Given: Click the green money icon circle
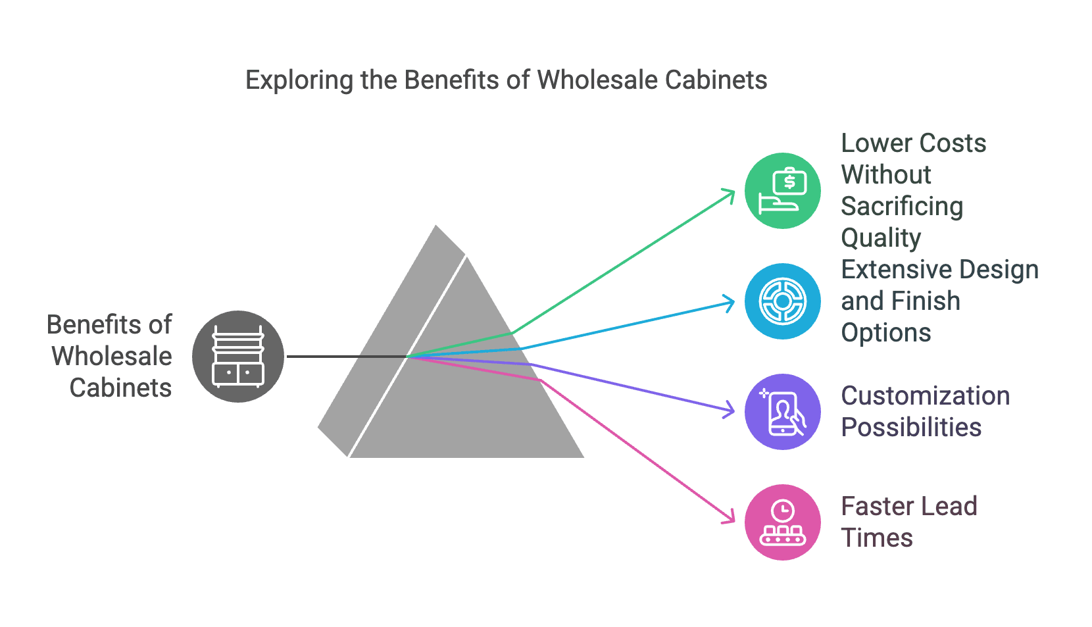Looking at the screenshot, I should (x=782, y=191).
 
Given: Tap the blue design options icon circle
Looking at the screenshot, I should (x=782, y=301).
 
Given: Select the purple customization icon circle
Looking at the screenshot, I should (x=782, y=412).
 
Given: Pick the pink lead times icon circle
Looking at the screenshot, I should (x=782, y=522).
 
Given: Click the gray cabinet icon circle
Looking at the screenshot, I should (x=238, y=357).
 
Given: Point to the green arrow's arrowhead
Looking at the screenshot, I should (x=730, y=193).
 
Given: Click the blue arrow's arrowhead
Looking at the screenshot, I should (x=730, y=303).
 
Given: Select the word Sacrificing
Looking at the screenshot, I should (x=902, y=207).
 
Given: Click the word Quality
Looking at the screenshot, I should (x=881, y=238).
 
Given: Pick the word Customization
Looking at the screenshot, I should (x=925, y=396).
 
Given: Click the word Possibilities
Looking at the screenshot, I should (x=911, y=428).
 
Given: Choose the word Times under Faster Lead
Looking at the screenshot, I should (x=877, y=538).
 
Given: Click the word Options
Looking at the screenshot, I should (x=886, y=333).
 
